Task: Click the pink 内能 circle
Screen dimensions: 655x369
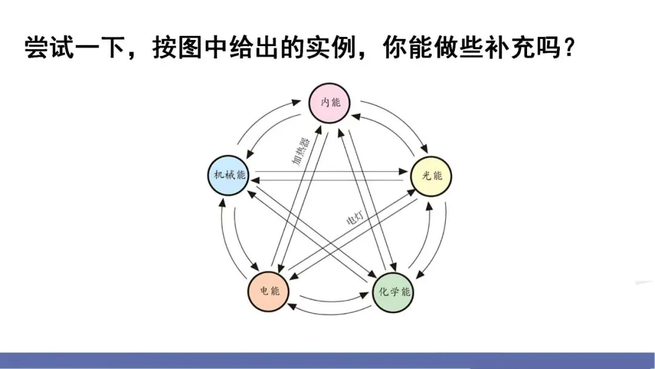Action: (x=331, y=102)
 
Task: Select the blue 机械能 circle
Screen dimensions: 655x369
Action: (x=229, y=175)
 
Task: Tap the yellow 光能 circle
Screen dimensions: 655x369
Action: (x=431, y=175)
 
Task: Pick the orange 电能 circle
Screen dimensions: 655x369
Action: (x=268, y=291)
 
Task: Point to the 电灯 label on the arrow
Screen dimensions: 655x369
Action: (x=354, y=218)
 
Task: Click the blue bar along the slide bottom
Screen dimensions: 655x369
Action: (x=327, y=361)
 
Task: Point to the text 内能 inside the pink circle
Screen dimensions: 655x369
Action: (x=331, y=102)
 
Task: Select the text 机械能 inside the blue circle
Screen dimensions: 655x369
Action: (x=229, y=175)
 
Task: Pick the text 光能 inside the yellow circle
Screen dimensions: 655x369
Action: (x=431, y=175)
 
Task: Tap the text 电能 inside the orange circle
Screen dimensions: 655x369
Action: (x=268, y=291)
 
